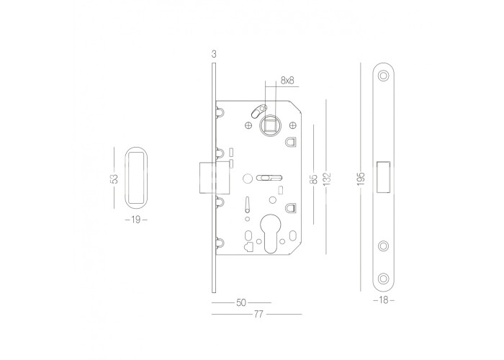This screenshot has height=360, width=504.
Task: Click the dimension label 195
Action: point(361,179)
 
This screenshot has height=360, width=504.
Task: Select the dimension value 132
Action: point(327,179)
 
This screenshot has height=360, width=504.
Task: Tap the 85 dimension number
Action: point(315,179)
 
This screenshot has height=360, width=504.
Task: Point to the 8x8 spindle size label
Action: point(287,80)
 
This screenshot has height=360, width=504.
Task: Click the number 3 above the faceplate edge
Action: point(214,54)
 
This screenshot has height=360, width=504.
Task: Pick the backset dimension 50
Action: point(241,302)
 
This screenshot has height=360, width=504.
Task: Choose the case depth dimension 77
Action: point(258,314)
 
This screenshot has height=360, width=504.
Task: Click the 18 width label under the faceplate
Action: point(384,300)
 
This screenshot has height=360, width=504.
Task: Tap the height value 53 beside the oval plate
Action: point(114,179)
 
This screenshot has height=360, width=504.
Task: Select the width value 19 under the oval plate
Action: point(136,220)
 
